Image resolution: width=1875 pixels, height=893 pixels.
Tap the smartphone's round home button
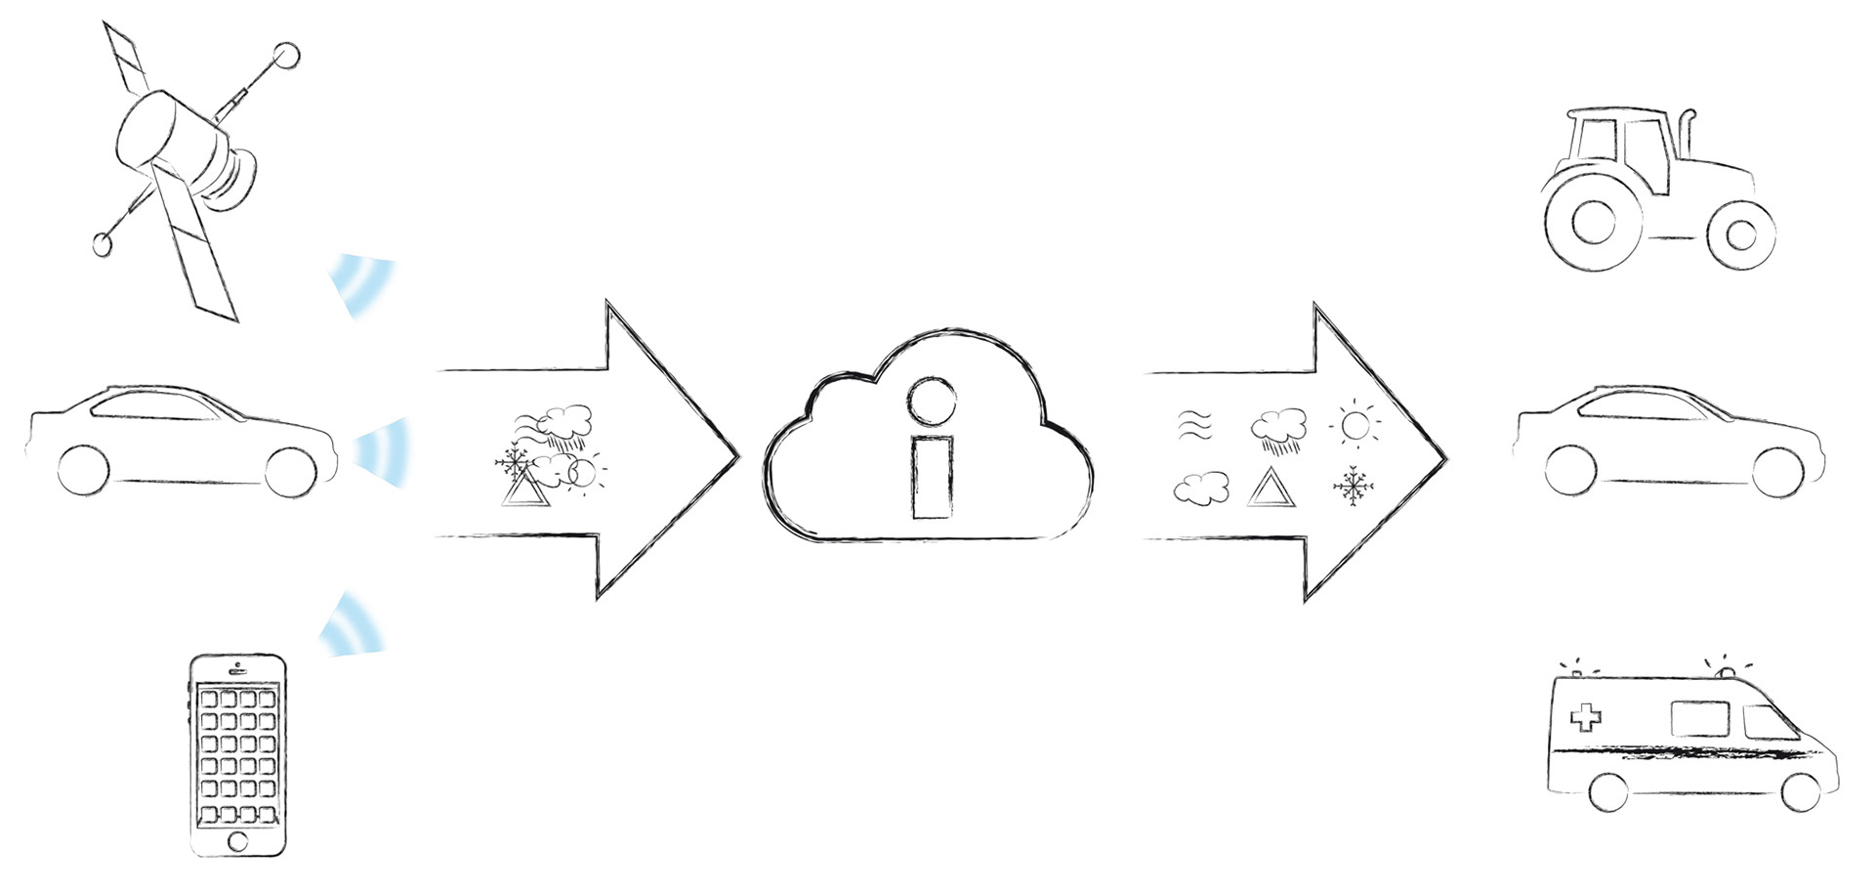coord(237,840)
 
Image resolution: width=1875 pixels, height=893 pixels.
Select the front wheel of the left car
coord(291,471)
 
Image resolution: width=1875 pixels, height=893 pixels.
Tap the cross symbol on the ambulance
coord(1585,719)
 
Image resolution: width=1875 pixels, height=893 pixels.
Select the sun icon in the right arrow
coord(1355,425)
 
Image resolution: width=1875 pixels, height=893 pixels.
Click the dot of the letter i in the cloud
coord(927,399)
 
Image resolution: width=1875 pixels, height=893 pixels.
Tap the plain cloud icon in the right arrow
coord(1200,488)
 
